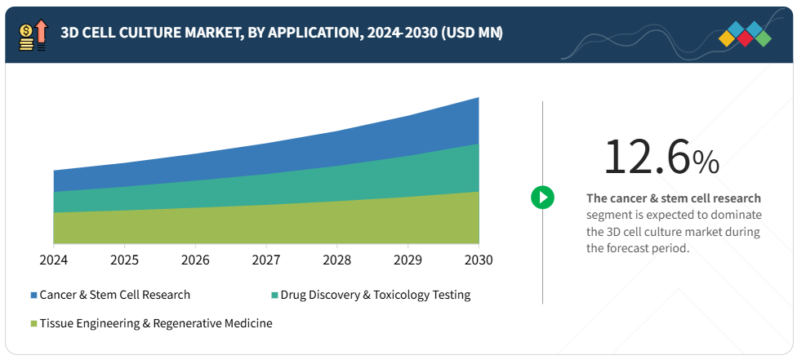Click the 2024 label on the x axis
point(53,260)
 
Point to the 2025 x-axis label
point(124,260)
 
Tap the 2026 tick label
point(195,260)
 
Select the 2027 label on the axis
point(266,260)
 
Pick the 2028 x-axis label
point(336,260)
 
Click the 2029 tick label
point(407,260)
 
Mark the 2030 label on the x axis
point(479,260)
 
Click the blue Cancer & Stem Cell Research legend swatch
point(33,295)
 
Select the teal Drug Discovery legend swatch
point(274,295)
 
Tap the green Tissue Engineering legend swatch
point(33,323)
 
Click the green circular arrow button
point(542,197)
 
